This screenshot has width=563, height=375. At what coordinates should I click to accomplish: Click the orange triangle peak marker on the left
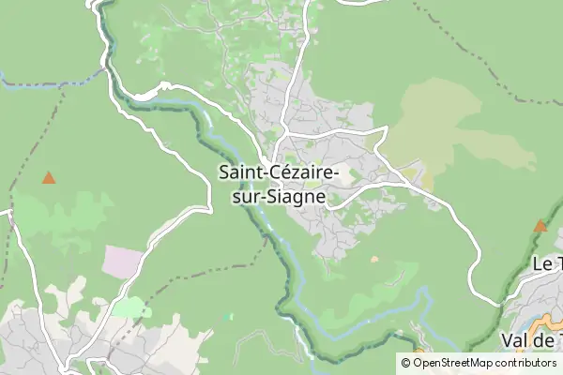click(x=48, y=177)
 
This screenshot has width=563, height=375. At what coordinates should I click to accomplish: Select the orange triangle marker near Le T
click(x=540, y=226)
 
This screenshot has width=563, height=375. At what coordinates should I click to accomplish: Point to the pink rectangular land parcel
click(x=123, y=262)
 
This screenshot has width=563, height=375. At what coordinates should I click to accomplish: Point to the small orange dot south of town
click(x=374, y=260)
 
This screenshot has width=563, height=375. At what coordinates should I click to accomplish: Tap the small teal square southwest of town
click(x=230, y=316)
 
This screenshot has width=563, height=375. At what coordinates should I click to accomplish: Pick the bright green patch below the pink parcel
click(x=131, y=307)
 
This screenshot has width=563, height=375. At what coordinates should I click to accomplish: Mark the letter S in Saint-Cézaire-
click(x=223, y=173)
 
